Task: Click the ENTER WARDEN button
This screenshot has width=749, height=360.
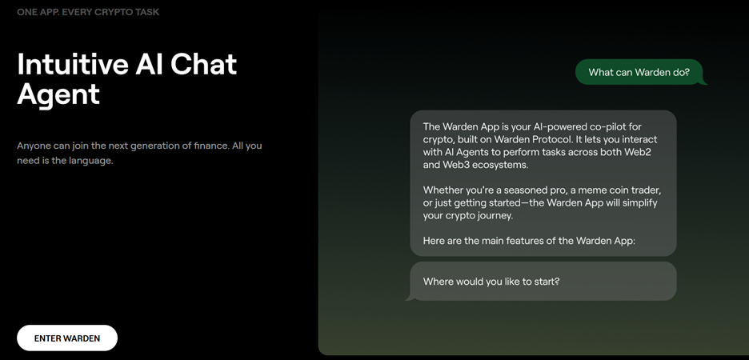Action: (x=67, y=338)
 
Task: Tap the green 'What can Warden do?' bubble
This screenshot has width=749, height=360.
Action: (x=640, y=72)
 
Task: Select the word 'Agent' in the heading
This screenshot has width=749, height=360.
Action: (x=58, y=94)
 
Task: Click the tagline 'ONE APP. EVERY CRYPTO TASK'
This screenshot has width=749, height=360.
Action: (x=88, y=12)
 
